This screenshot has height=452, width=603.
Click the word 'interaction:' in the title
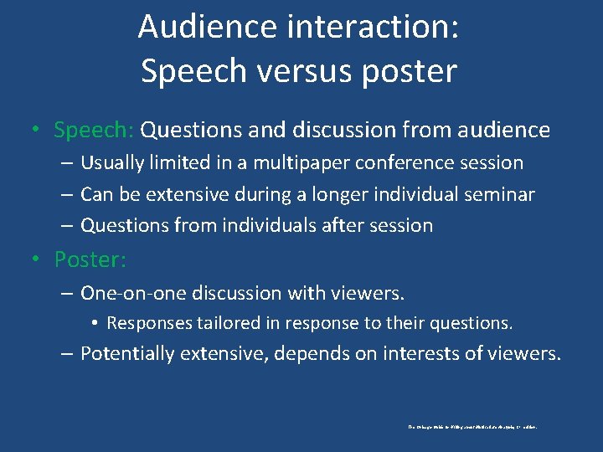(x=372, y=27)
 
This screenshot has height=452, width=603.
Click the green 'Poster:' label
(x=90, y=259)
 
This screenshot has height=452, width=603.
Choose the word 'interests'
(x=421, y=353)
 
